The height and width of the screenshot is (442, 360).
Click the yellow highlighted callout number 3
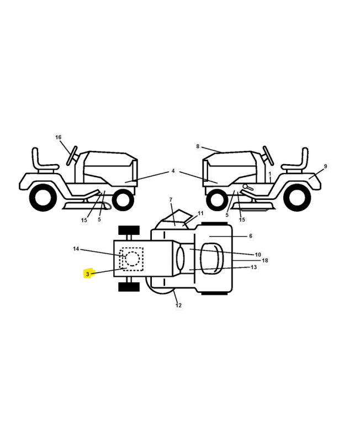tap(87, 273)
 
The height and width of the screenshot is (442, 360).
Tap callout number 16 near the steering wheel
tap(59, 137)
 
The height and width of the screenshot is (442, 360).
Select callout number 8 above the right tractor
tap(198, 146)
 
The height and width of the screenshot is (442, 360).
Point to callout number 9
tap(325, 166)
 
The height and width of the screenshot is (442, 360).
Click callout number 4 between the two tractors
tap(173, 171)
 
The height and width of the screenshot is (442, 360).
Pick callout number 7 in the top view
tap(171, 199)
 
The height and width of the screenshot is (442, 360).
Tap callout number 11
tap(200, 213)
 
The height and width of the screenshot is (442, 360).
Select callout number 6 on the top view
tap(251, 236)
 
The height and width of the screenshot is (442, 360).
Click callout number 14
tap(76, 249)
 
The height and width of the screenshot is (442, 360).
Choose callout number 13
tap(253, 267)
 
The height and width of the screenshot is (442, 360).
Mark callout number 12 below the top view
tap(178, 305)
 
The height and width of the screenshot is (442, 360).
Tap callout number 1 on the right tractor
tap(270, 173)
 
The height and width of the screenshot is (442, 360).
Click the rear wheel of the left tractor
tap(42, 197)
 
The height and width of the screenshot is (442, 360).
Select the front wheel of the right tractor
tap(217, 197)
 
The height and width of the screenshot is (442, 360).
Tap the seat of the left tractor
tap(47, 166)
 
